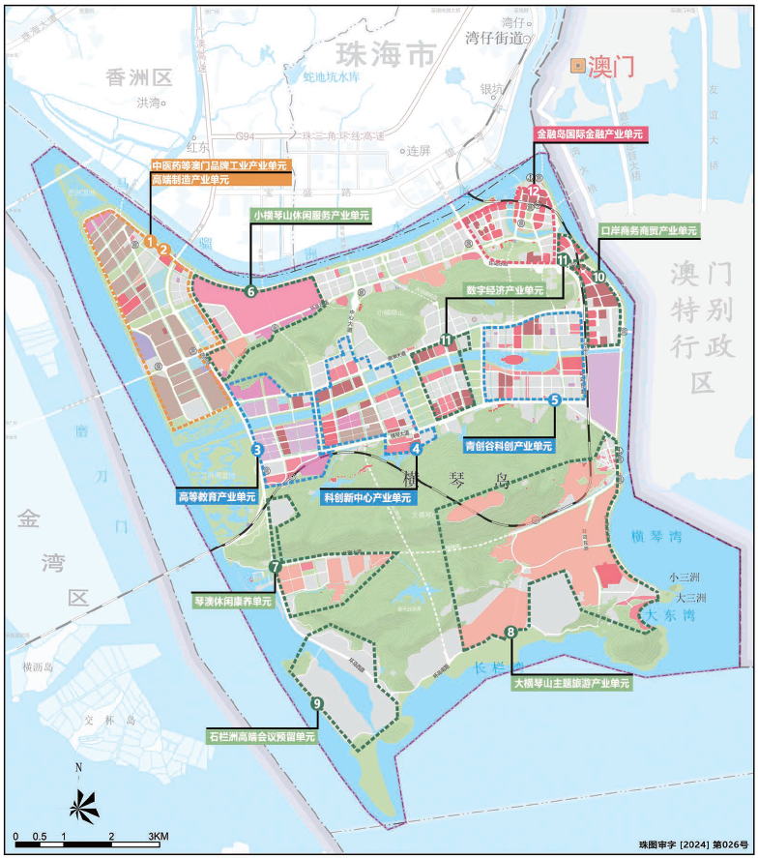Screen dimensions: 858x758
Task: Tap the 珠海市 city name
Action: coord(384,55)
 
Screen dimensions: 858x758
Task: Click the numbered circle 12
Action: coord(534,192)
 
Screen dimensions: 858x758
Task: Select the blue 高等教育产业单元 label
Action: coord(217,496)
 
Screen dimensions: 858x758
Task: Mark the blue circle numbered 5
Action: coord(554,399)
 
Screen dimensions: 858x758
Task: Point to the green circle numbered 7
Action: coord(276,567)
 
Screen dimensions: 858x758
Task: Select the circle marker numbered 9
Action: coord(316,703)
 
